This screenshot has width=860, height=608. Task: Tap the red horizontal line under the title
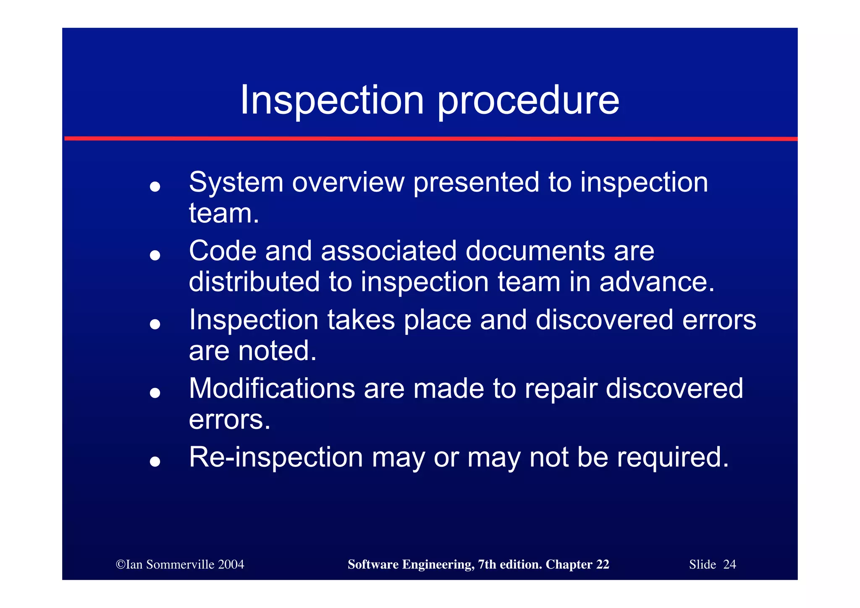[x=430, y=138]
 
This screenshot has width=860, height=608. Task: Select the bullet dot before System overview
[x=155, y=187]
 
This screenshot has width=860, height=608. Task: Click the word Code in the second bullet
[x=222, y=251]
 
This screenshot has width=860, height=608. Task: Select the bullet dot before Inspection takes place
[x=155, y=324]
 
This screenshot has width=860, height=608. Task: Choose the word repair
[x=561, y=389]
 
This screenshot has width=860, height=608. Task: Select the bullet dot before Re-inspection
[x=155, y=461]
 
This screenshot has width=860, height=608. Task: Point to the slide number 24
[x=729, y=564]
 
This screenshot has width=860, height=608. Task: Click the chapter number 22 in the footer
[x=602, y=564]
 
